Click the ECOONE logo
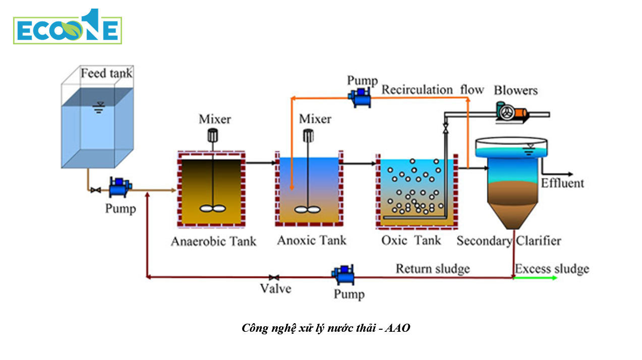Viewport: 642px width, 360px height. pyautogui.click(x=67, y=27)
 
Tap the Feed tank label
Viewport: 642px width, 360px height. pyautogui.click(x=106, y=73)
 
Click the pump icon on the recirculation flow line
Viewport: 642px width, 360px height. pyautogui.click(x=361, y=96)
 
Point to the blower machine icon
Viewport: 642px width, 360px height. pyautogui.click(x=511, y=112)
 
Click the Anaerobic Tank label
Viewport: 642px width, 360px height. pyautogui.click(x=213, y=242)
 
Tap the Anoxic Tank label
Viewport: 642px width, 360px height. pyautogui.click(x=312, y=241)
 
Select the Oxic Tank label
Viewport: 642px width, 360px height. pyautogui.click(x=411, y=241)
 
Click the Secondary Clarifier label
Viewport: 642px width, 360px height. pyautogui.click(x=508, y=241)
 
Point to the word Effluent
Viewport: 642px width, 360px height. pyautogui.click(x=562, y=183)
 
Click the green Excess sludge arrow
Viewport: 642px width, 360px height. pyautogui.click(x=536, y=278)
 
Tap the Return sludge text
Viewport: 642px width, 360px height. pyautogui.click(x=432, y=268)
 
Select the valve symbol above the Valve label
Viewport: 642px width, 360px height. pyautogui.click(x=274, y=277)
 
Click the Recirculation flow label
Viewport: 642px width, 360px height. pyautogui.click(x=432, y=90)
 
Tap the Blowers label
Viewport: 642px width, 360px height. pyautogui.click(x=515, y=91)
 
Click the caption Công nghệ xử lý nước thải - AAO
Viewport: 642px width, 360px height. pyautogui.click(x=326, y=328)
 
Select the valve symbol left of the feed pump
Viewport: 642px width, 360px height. pyautogui.click(x=95, y=190)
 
